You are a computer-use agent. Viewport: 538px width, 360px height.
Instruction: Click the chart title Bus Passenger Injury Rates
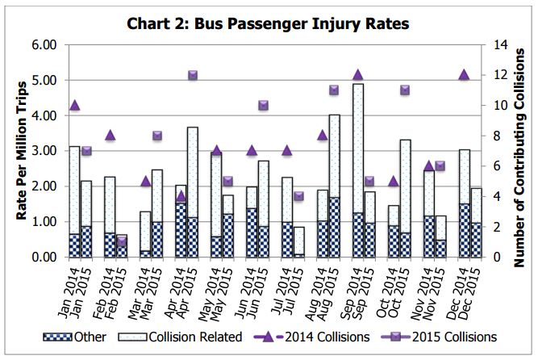[269, 23]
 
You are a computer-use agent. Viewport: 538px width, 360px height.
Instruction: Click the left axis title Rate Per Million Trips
[22, 150]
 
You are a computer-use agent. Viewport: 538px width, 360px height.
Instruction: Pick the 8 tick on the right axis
[494, 136]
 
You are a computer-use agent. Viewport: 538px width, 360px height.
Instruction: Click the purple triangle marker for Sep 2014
[357, 75]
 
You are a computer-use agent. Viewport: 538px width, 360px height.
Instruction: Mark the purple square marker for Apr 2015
[193, 75]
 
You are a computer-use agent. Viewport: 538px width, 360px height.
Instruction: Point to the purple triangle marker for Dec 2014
[464, 75]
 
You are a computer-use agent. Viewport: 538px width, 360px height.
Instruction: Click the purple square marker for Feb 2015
[122, 241]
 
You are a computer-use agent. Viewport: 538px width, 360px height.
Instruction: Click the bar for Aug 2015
[334, 186]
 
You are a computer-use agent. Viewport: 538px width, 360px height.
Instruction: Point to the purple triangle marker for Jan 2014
[74, 105]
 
